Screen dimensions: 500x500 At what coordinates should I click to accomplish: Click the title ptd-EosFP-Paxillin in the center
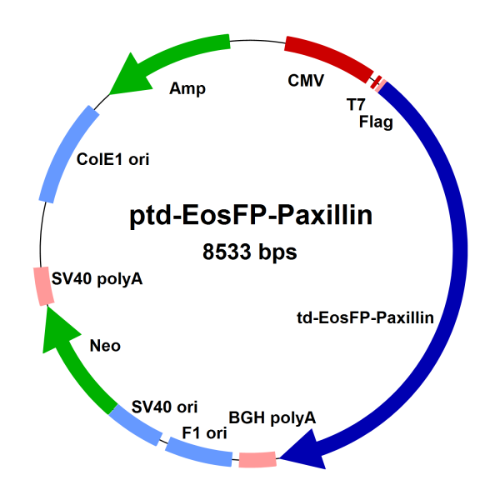250,216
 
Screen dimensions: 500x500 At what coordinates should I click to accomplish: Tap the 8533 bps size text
250,251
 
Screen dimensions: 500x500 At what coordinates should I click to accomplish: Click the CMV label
306,81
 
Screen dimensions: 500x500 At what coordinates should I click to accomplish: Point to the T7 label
356,106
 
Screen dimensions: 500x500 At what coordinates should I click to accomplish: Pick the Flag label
376,122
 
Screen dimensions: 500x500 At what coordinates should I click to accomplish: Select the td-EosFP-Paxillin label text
365,317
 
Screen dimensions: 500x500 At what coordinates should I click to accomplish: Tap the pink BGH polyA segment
257,458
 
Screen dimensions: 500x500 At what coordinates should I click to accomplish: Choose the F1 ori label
204,432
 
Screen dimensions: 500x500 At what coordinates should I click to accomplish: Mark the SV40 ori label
165,407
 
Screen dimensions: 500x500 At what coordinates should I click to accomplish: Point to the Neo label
104,345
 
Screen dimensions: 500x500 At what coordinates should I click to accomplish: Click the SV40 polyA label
97,279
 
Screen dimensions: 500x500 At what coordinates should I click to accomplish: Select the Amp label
187,87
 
